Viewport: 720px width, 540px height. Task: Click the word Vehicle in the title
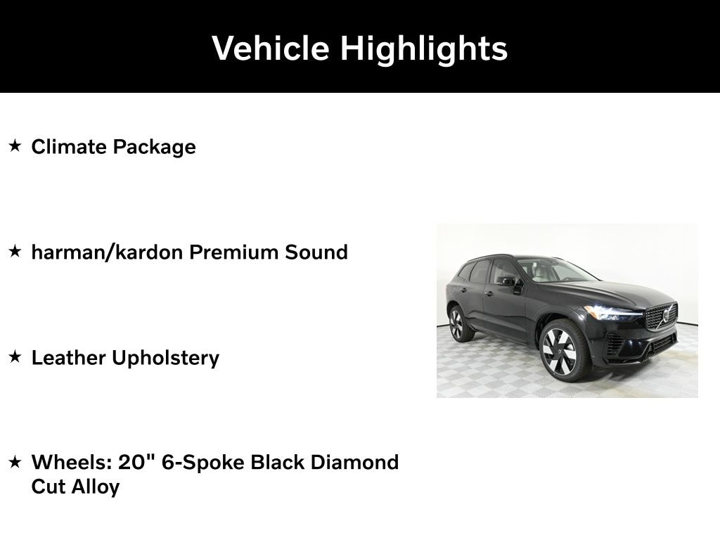click(271, 48)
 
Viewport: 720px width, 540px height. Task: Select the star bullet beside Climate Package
click(15, 146)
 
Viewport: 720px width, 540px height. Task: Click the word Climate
click(69, 147)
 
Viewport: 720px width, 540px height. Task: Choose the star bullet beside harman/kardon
click(15, 251)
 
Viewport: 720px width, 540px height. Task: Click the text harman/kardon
click(107, 252)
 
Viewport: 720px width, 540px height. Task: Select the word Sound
click(316, 252)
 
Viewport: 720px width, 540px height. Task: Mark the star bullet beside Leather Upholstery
click(15, 356)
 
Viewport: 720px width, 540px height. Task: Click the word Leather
click(68, 358)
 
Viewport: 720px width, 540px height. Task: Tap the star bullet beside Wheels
click(15, 461)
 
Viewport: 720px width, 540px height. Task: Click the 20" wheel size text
click(136, 462)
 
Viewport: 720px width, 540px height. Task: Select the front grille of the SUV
click(661, 316)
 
